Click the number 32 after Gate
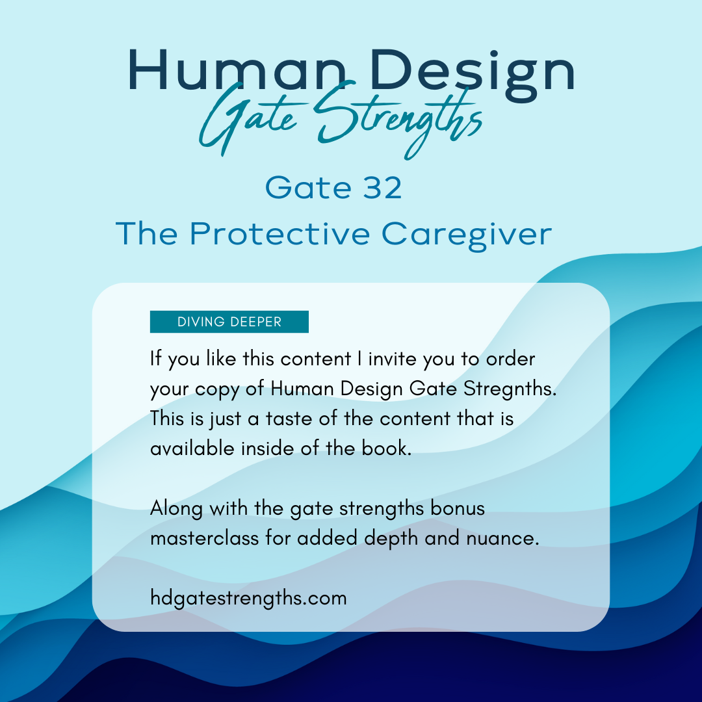coord(382,188)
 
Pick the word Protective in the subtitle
coord(279,233)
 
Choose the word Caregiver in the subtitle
coord(467,235)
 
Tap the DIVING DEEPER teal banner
coord(229,322)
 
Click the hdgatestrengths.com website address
coord(248,599)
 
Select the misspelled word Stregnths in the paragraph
coord(510,389)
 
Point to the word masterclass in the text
coord(205,538)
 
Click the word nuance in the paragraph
coord(502,539)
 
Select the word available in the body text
coord(192,448)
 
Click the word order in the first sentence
coord(510,359)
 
